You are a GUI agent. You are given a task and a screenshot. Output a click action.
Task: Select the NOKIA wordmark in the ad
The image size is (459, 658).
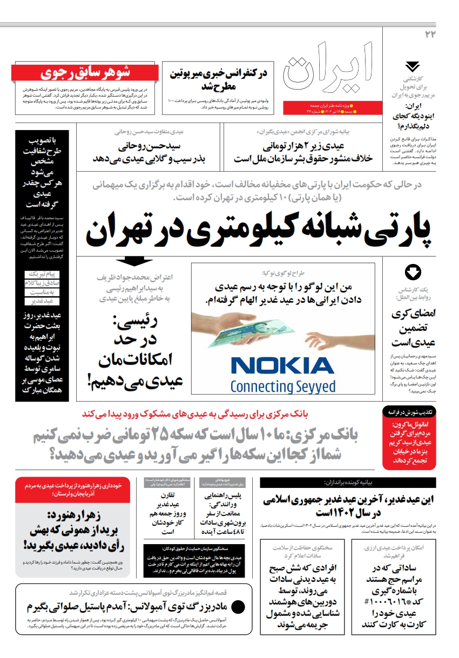(x=282, y=367)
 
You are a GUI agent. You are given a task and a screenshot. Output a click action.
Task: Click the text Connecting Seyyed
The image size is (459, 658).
(x=282, y=386)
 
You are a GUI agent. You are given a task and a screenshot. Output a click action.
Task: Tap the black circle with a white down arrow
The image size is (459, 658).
(x=413, y=272)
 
